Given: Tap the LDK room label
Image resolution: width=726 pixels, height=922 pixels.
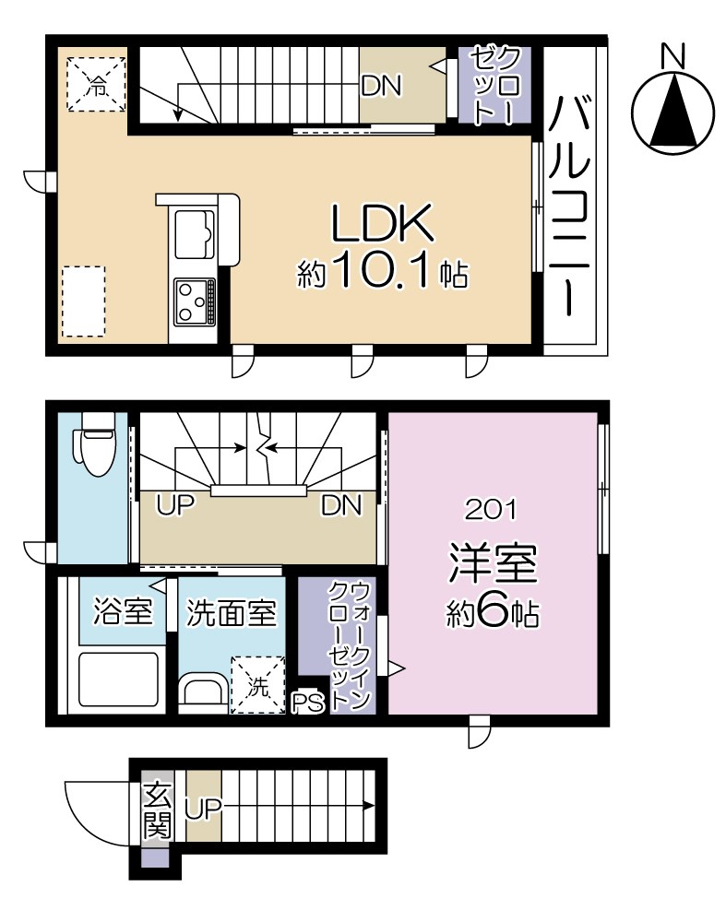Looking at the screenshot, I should [x=382, y=223].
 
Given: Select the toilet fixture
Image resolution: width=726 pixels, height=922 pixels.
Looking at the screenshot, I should [x=96, y=442].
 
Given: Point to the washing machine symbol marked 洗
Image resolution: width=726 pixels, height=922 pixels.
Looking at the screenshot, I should [x=257, y=685].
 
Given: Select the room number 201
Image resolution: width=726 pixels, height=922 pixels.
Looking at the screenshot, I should [x=494, y=507].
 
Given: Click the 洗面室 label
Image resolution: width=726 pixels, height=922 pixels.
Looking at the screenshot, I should [x=231, y=612].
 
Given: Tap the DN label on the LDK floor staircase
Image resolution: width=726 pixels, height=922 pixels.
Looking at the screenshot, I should [x=381, y=86].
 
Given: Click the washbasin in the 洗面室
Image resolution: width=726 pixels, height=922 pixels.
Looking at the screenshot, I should [x=202, y=691].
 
